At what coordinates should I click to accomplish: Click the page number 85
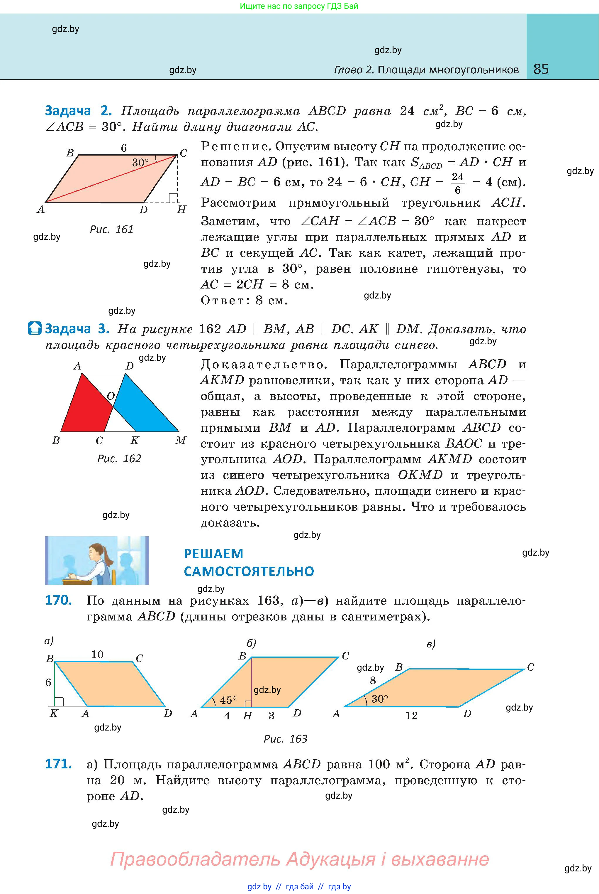[x=541, y=69]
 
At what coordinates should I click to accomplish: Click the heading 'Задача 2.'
[x=78, y=111]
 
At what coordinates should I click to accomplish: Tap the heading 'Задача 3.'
[x=77, y=328]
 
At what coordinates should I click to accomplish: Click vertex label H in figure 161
[x=181, y=210]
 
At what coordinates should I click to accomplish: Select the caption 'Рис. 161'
[x=111, y=230]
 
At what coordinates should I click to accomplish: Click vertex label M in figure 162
[x=181, y=441]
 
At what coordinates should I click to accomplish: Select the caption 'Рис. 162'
[x=119, y=458]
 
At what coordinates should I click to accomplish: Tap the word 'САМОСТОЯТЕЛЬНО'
[x=249, y=571]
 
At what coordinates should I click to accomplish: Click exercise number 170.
[x=58, y=600]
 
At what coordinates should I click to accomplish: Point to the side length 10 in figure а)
[x=97, y=654]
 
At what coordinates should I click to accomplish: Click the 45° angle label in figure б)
[x=228, y=700]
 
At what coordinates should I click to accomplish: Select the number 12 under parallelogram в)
[x=411, y=716]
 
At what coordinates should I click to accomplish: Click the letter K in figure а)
[x=54, y=713]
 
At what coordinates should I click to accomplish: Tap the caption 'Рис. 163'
[x=285, y=739]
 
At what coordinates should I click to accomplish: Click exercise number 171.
[x=58, y=764]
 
